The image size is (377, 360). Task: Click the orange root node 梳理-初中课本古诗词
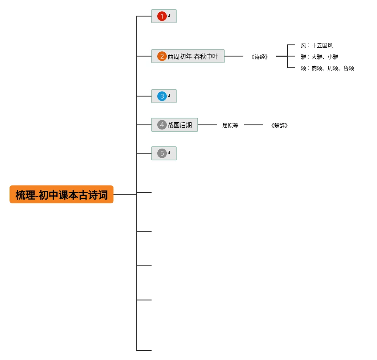tap(61, 194)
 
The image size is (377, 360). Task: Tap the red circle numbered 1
tap(162, 16)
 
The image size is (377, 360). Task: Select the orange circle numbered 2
tap(162, 56)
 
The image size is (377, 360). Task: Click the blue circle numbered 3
tap(162, 96)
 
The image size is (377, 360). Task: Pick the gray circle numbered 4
tap(162, 125)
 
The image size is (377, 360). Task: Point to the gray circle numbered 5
tap(162, 153)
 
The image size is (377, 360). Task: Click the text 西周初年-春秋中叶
tap(193, 56)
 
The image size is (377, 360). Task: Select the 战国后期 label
tap(180, 125)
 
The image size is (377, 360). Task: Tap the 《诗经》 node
tap(260, 57)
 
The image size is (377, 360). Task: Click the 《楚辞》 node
tap(280, 125)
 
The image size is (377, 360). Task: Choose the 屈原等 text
tap(230, 125)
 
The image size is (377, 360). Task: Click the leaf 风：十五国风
tap(317, 45)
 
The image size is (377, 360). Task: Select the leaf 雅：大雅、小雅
tap(319, 57)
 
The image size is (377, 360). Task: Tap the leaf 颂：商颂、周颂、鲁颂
tap(327, 68)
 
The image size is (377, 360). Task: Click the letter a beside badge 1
tap(169, 15)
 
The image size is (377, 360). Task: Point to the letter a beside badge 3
tap(169, 95)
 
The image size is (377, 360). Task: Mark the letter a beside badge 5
tap(169, 152)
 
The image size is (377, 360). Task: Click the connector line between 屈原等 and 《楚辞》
tap(254, 125)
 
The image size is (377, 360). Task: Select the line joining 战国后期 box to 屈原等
tap(207, 125)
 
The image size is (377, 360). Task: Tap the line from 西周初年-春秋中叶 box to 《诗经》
tap(234, 56)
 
